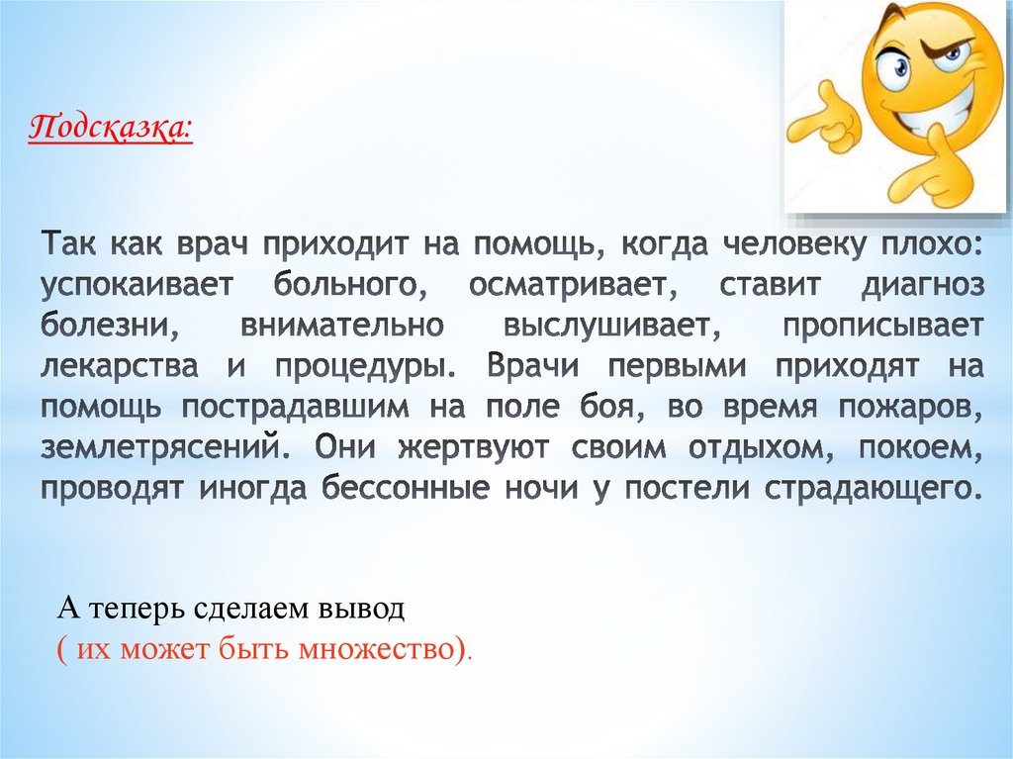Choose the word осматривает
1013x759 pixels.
point(570,286)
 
